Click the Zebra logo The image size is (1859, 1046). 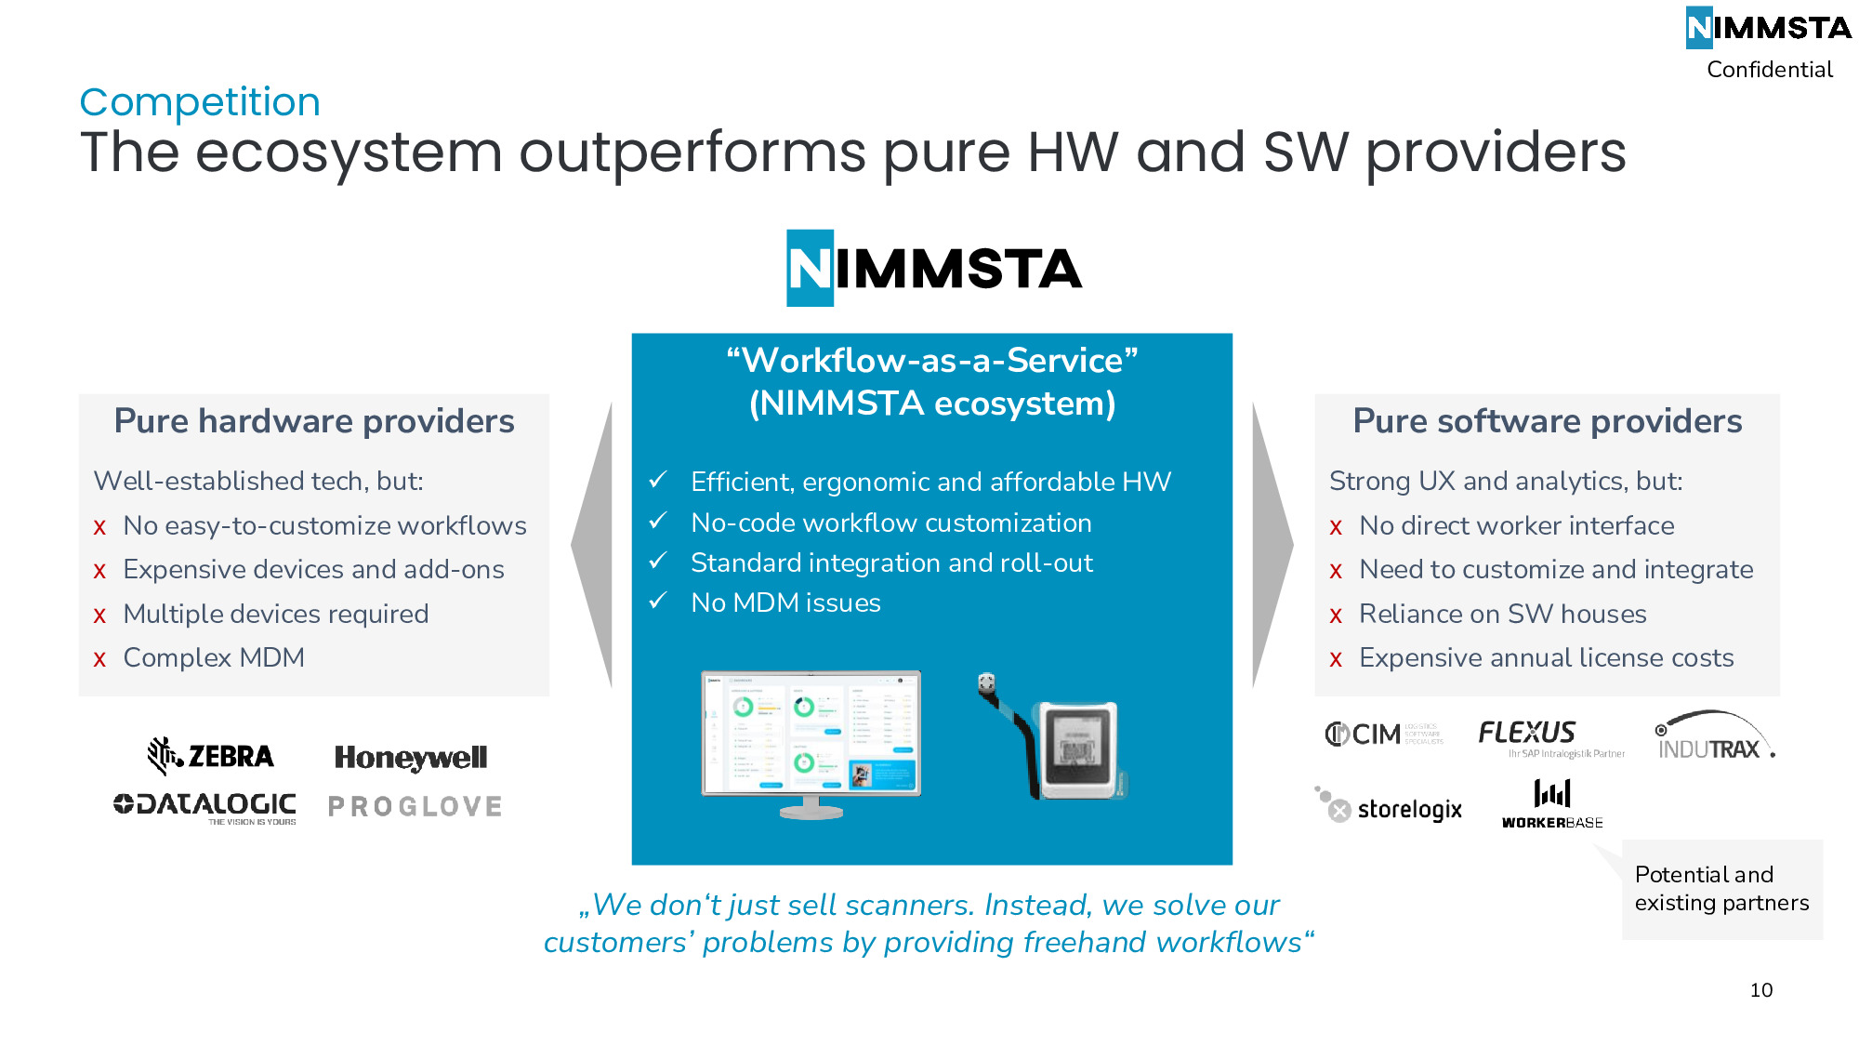tap(211, 755)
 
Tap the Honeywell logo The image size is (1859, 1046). tap(411, 758)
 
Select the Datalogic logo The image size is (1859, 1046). tap(205, 806)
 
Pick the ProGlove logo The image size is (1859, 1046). tap(415, 806)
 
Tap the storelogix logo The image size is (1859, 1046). tap(1389, 806)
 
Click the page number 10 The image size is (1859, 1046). tap(1760, 990)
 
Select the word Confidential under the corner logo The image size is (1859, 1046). tap(1769, 70)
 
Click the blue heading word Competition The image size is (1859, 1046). tap(200, 102)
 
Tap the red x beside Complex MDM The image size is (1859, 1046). tap(99, 659)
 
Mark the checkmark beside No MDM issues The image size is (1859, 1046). tap(658, 602)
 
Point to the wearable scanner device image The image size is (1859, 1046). tap(1055, 739)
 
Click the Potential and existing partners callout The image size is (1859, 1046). tap(1721, 889)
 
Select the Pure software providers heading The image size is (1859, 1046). tap(1547, 421)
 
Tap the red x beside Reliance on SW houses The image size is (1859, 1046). tap(1336, 616)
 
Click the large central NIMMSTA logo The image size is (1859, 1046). tap(933, 269)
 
